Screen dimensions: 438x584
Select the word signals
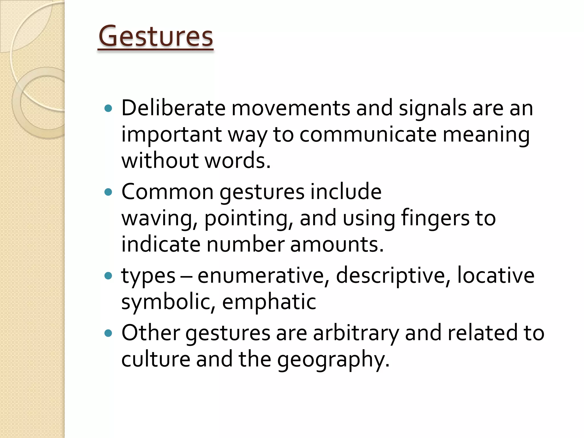point(432,108)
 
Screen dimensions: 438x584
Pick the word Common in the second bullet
point(167,192)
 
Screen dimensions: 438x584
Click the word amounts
point(336,244)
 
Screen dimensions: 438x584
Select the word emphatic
point(269,302)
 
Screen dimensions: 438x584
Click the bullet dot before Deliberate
point(108,108)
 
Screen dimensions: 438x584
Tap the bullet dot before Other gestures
point(108,333)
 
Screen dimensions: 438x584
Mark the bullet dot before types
point(108,276)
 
